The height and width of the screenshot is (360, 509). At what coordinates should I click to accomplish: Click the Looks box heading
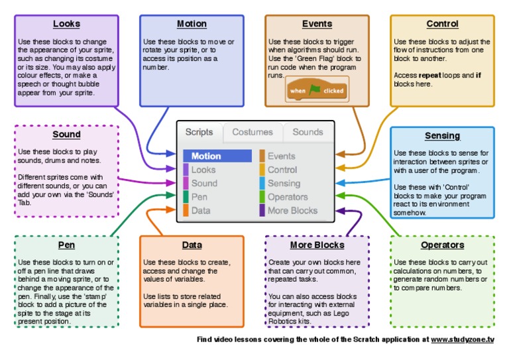click(x=66, y=24)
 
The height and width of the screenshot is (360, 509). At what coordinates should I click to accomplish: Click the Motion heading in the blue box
click(x=192, y=24)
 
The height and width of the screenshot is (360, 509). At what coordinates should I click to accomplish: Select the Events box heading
click(x=317, y=24)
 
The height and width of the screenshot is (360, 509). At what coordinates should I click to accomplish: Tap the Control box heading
click(x=442, y=24)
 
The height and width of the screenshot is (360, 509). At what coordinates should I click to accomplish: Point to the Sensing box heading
click(x=442, y=136)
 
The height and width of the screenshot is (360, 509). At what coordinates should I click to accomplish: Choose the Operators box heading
click(x=442, y=245)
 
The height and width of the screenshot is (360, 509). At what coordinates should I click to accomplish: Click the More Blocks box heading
click(x=317, y=245)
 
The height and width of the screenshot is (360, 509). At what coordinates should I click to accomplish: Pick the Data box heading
click(x=192, y=245)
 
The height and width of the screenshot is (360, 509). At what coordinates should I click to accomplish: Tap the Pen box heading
click(x=66, y=245)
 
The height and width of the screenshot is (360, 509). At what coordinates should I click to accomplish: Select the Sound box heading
click(x=66, y=135)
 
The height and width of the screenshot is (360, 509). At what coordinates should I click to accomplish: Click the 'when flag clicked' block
click(x=317, y=90)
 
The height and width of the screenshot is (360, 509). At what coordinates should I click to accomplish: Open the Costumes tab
click(x=252, y=132)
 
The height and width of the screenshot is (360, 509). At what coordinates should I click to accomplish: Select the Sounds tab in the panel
click(x=308, y=132)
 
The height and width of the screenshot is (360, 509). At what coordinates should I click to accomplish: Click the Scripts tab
click(x=199, y=132)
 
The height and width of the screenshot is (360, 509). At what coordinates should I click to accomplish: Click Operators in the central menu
click(x=287, y=197)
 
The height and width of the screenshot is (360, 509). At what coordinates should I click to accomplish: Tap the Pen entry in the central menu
click(x=199, y=197)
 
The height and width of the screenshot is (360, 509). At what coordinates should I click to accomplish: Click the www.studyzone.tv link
click(x=462, y=339)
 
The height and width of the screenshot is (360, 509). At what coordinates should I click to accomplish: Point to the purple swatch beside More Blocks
click(x=262, y=211)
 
